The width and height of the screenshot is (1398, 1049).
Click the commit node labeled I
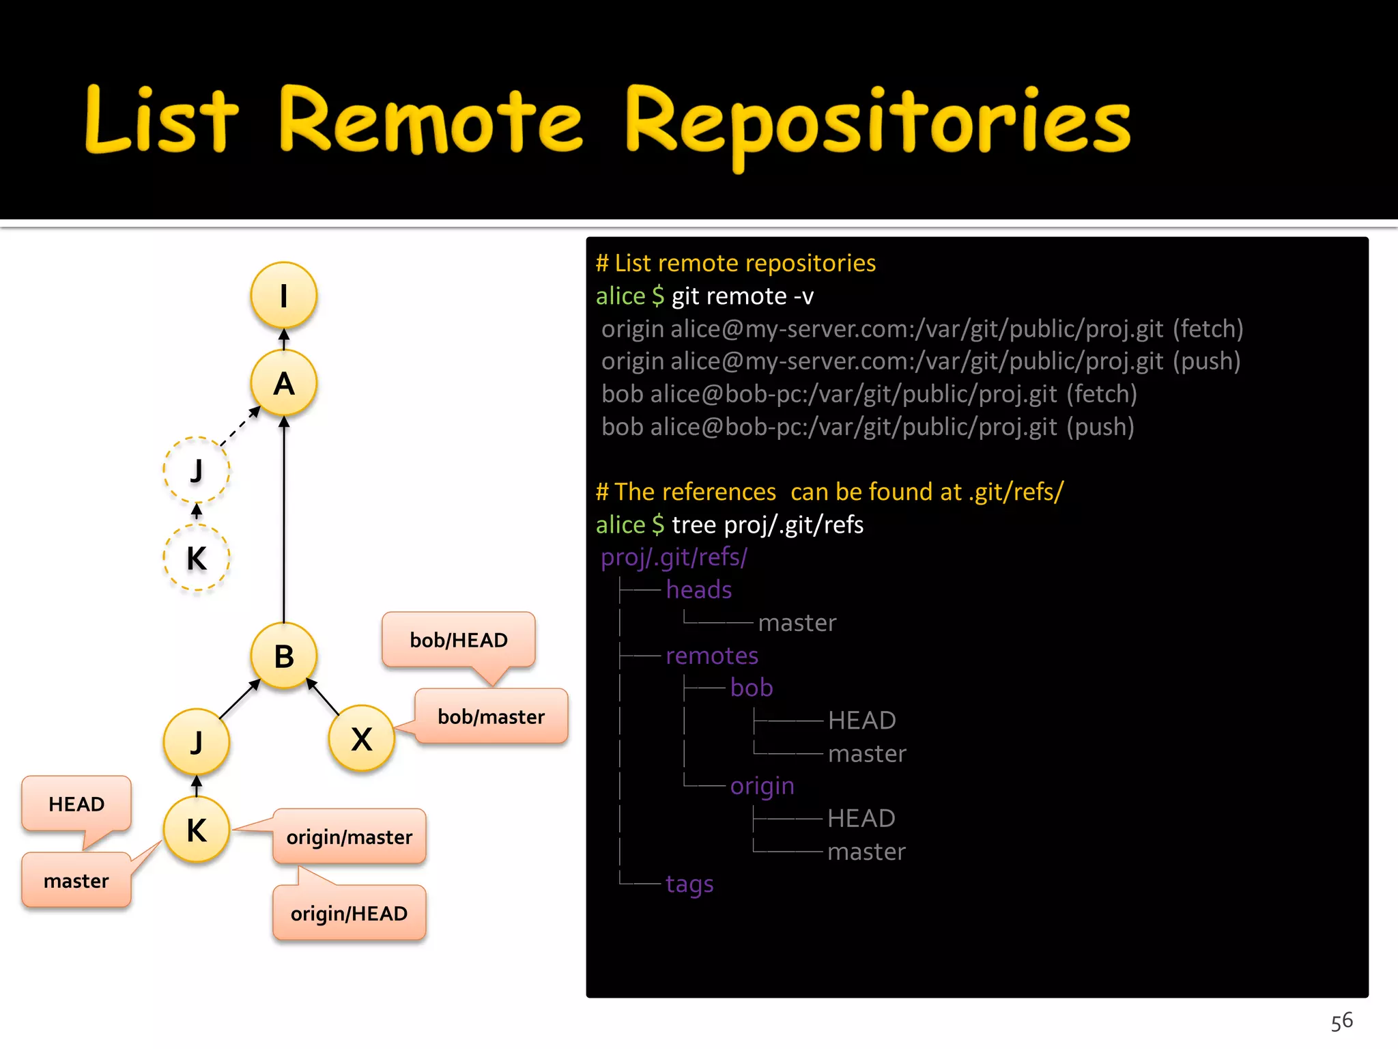(x=283, y=296)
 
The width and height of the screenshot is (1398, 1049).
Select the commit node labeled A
(x=283, y=383)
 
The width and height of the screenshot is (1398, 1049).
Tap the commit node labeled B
(x=283, y=656)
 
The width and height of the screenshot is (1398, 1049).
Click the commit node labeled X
(x=361, y=739)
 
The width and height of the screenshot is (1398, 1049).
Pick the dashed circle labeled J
(x=197, y=470)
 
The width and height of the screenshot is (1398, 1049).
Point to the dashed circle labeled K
(x=197, y=558)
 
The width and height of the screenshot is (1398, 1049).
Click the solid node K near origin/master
(x=197, y=830)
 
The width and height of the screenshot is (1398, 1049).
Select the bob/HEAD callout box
(x=458, y=640)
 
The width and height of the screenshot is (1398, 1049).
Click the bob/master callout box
(x=491, y=716)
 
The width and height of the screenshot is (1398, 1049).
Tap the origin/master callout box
(x=349, y=837)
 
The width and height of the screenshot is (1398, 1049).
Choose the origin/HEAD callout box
(x=349, y=913)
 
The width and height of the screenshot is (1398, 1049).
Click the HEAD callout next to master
(x=76, y=804)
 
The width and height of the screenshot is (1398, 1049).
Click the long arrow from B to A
(x=284, y=519)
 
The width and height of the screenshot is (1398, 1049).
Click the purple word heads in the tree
(x=698, y=589)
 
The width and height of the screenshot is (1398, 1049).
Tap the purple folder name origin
(x=762, y=786)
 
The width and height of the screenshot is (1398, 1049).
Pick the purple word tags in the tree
(x=689, y=884)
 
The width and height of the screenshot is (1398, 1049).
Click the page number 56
(x=1341, y=1021)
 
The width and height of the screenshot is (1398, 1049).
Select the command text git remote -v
(x=742, y=296)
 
